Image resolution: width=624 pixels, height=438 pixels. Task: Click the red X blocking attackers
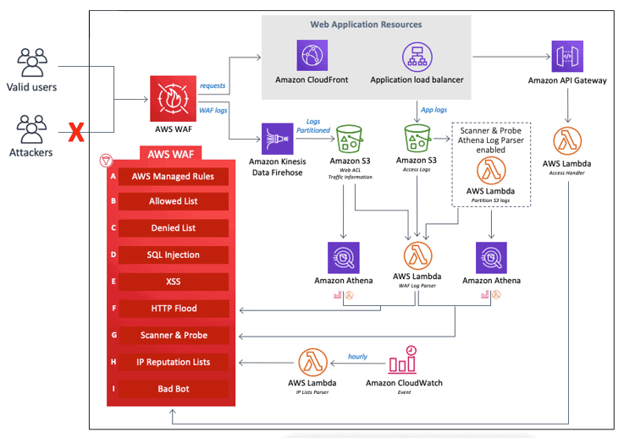[77, 132]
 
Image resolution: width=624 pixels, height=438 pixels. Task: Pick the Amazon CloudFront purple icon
[312, 57]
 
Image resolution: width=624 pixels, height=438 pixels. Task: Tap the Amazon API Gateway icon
[566, 57]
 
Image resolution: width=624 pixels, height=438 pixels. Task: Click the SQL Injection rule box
[174, 255]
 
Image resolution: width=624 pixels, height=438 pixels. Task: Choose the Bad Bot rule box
[174, 389]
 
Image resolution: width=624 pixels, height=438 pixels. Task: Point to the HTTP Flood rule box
[174, 309]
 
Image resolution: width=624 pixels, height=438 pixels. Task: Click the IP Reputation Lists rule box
[174, 362]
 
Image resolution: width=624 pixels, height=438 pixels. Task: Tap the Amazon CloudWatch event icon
[403, 361]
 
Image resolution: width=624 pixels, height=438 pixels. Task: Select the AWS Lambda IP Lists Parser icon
[312, 361]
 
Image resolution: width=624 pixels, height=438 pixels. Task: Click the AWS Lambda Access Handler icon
[566, 141]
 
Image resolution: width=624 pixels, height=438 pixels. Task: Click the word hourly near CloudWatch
[357, 356]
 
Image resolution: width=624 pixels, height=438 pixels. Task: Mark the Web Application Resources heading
[366, 25]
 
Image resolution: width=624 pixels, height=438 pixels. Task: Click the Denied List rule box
[174, 228]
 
